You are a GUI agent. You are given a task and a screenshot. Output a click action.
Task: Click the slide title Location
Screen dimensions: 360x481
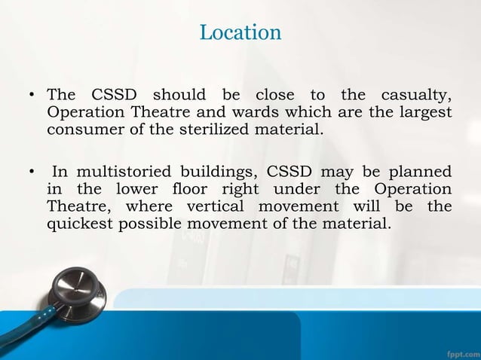pyautogui.click(x=240, y=32)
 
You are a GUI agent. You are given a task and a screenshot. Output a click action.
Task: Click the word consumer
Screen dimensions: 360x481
pyautogui.click(x=81, y=129)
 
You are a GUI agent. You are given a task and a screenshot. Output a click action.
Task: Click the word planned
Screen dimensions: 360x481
pyautogui.click(x=419, y=171)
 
